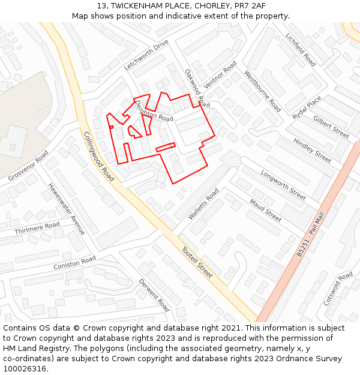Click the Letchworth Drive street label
point(146,55)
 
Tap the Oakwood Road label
point(197,88)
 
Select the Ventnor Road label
point(220,74)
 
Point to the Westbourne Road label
point(262,91)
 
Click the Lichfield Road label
point(301,49)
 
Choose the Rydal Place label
point(307,106)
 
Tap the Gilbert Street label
point(331,127)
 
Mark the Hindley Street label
point(312,151)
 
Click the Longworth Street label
point(283,184)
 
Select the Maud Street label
point(265,211)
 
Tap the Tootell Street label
point(197,262)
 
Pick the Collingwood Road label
point(99,156)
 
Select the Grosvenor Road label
point(28,166)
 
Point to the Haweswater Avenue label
point(67,209)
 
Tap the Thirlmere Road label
point(37,228)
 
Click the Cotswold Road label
point(338,289)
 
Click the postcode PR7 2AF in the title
point(251,5)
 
